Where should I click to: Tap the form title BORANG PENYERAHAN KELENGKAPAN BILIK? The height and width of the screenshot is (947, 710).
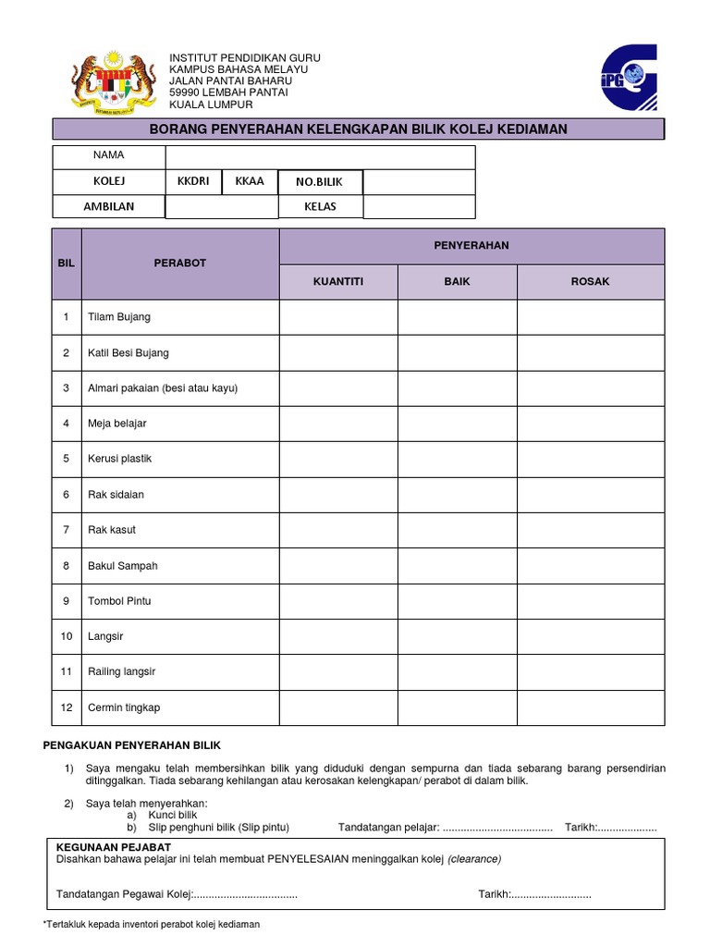point(358,129)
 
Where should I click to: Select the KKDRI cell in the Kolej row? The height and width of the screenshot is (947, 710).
point(193,181)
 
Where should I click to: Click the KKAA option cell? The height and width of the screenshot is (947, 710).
point(250,181)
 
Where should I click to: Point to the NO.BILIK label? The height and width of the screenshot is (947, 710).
point(320,182)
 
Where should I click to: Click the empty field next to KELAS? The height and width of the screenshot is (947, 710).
point(418,206)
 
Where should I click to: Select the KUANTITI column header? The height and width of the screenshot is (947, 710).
point(338,281)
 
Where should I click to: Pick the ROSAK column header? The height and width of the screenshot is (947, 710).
point(590,281)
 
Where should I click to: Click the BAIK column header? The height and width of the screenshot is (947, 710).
point(457,281)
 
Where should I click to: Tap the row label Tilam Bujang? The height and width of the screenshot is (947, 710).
point(118,317)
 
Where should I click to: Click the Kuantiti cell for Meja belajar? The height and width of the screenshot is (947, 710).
point(338,424)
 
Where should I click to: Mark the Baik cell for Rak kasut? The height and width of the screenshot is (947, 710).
point(457,530)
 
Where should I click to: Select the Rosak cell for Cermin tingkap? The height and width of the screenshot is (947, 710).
point(590,707)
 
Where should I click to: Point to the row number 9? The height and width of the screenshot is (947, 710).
point(67,601)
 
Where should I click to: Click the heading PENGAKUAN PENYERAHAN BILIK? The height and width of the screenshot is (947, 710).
point(133,745)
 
